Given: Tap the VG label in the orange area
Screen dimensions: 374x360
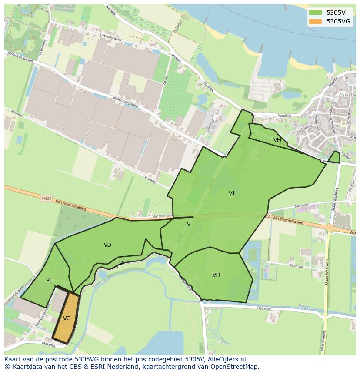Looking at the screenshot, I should [67, 318].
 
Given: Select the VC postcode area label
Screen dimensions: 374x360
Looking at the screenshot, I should [50, 280].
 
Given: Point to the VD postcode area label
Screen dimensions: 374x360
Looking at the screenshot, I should [107, 245].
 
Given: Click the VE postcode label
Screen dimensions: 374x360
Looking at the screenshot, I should [123, 263].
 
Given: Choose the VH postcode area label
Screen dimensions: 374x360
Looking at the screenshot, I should [216, 275].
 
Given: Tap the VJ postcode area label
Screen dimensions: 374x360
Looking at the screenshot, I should [231, 193].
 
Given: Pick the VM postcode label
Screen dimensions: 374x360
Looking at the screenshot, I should [277, 140].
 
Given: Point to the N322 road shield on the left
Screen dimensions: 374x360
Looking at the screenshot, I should [46, 199].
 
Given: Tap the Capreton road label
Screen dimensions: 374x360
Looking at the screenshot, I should [263, 309].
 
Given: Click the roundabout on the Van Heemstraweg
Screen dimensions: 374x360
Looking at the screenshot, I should [330, 227].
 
